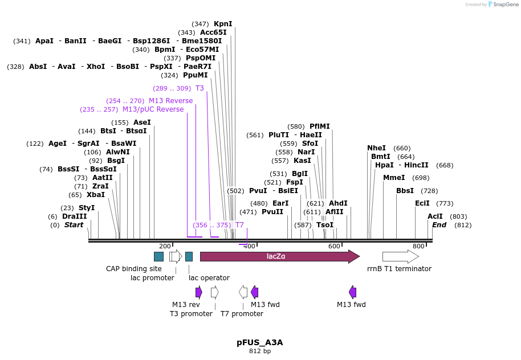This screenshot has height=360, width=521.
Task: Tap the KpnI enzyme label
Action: pos(223,24)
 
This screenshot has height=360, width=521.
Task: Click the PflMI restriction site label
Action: pos(320,126)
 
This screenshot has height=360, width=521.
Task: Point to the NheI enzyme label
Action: pos(376,148)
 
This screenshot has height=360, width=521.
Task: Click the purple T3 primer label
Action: pos(200,88)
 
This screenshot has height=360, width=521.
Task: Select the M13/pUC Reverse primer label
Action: pos(153,109)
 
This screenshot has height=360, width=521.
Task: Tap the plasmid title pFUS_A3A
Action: pos(260,342)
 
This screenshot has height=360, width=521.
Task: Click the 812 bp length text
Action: pos(260,351)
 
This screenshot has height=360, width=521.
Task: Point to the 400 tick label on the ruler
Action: pos(249,246)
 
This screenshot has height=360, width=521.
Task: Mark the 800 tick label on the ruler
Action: pos(418,246)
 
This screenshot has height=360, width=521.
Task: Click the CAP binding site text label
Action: pos(134,269)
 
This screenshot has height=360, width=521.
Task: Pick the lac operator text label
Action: pos(209,278)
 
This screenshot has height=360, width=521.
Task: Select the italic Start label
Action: pos(74,225)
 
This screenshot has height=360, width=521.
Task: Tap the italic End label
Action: pos(439,225)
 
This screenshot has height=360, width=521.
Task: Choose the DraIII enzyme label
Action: pos(75,216)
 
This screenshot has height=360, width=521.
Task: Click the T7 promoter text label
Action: pos(242,314)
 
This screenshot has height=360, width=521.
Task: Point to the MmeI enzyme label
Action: pos(394,178)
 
